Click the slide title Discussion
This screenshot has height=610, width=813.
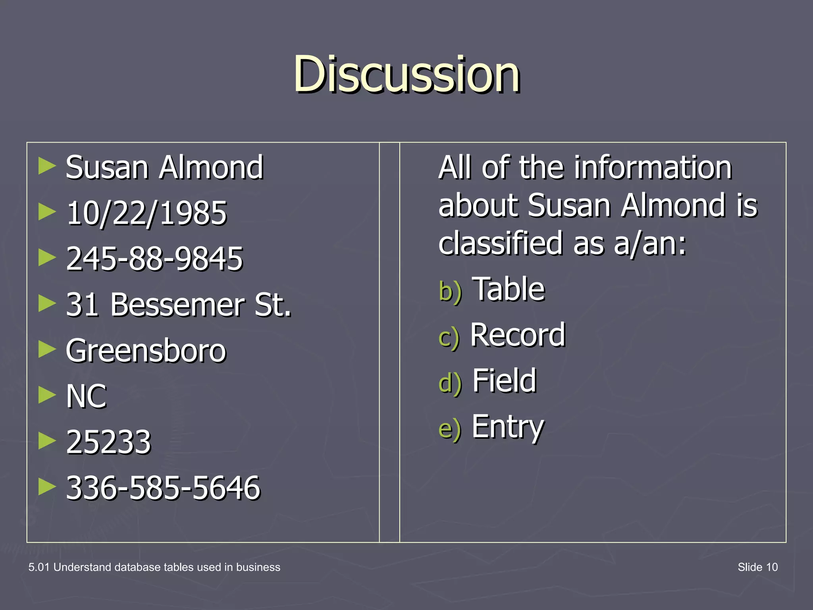point(406,74)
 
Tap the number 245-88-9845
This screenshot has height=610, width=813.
point(154,259)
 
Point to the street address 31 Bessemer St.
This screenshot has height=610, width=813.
point(179,305)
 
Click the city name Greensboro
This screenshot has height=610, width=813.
point(146,351)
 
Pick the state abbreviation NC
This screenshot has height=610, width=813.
point(87,396)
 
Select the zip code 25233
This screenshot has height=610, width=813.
point(109,442)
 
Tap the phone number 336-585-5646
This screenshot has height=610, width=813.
point(163,488)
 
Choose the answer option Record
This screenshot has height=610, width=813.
point(518,335)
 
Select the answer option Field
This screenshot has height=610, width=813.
point(505,381)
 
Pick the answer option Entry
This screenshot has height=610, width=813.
point(508,427)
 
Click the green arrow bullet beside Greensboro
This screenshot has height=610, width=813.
point(47,349)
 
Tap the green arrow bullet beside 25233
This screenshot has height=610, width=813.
point(47,441)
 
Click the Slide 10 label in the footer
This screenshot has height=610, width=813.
point(757,567)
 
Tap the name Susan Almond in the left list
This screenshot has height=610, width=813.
point(164,168)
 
